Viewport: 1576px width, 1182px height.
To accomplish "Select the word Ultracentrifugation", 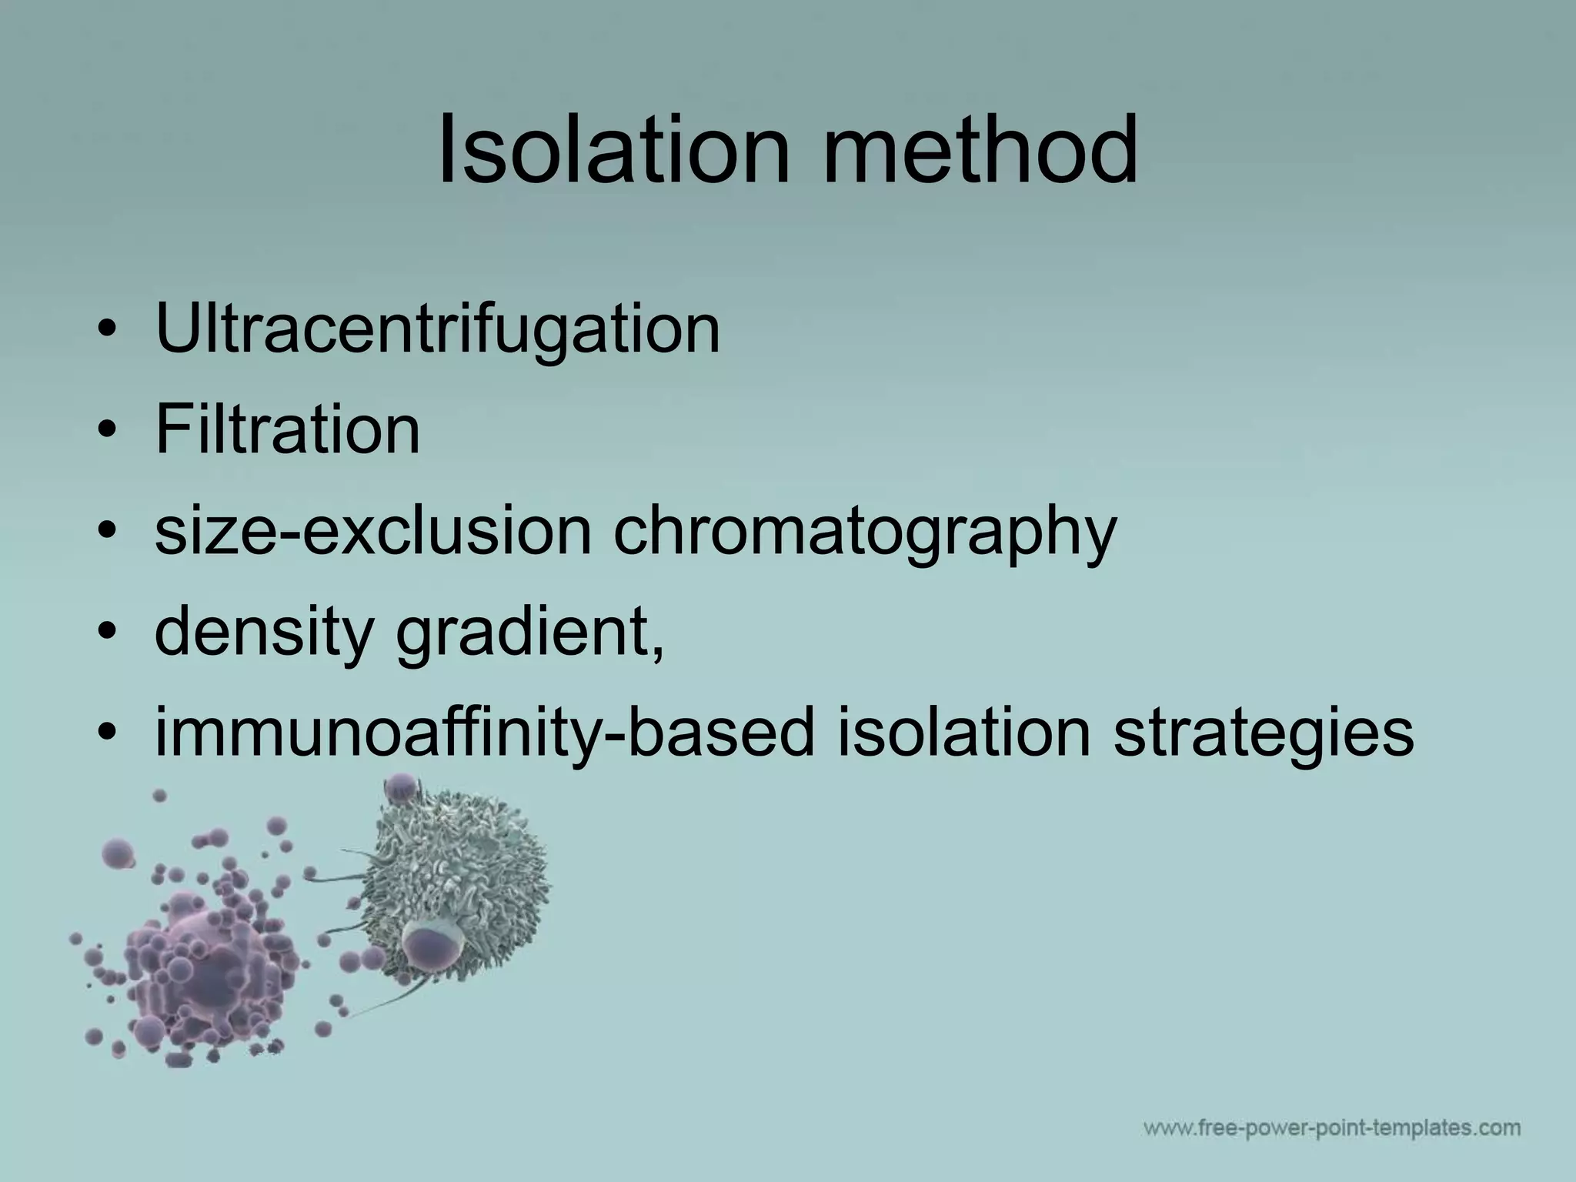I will (x=437, y=329).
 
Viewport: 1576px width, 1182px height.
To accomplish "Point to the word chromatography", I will (x=864, y=533).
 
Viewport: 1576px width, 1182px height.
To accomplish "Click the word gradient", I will (x=523, y=633).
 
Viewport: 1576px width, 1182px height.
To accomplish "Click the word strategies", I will (x=1263, y=733).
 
